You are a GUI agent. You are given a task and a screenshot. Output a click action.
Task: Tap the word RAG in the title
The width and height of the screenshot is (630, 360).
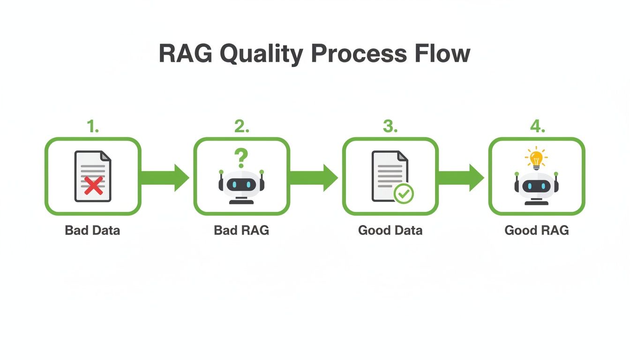(185, 54)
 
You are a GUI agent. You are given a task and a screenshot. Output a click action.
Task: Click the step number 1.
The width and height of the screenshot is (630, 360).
(93, 127)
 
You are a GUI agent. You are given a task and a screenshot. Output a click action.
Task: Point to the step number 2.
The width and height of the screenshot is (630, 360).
(241, 127)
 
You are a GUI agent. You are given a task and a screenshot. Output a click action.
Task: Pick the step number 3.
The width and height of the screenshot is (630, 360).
(390, 127)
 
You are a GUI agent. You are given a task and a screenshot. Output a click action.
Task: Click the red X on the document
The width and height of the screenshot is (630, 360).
(94, 186)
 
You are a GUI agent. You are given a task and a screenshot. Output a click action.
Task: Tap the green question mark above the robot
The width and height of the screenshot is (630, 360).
(241, 158)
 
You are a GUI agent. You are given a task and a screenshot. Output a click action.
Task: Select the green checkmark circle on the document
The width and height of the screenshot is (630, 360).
(403, 193)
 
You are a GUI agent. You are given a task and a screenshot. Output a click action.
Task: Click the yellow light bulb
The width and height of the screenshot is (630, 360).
(536, 158)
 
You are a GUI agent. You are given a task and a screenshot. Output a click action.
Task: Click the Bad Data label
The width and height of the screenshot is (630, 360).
(92, 231)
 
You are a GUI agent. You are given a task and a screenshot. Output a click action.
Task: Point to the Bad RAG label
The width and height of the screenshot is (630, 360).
(241, 231)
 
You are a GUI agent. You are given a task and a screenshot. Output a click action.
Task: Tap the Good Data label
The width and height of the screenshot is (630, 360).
(390, 231)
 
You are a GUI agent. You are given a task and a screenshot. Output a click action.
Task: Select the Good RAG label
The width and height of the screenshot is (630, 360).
(536, 231)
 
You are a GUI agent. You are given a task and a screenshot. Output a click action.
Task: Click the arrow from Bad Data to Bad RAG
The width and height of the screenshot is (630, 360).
(165, 178)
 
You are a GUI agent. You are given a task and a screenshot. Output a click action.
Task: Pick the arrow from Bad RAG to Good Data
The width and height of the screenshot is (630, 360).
(314, 178)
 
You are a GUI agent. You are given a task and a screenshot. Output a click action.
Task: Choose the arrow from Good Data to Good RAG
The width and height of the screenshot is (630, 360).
(461, 178)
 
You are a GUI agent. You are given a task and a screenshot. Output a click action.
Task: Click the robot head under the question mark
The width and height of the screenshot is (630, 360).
(241, 184)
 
